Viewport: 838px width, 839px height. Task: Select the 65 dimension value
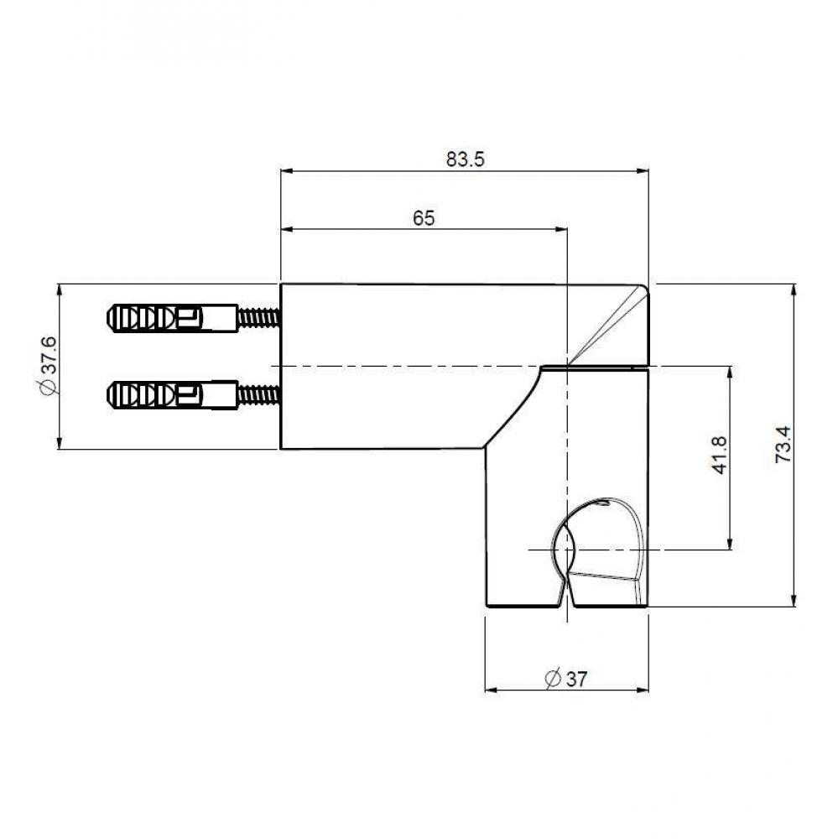[424, 218]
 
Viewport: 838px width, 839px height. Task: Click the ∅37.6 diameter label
[48, 366]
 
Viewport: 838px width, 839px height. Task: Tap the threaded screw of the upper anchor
[258, 319]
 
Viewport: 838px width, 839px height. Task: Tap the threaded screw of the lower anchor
[258, 393]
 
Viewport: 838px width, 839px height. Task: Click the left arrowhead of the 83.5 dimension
[286, 172]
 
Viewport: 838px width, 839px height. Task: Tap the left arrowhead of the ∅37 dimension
[492, 691]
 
